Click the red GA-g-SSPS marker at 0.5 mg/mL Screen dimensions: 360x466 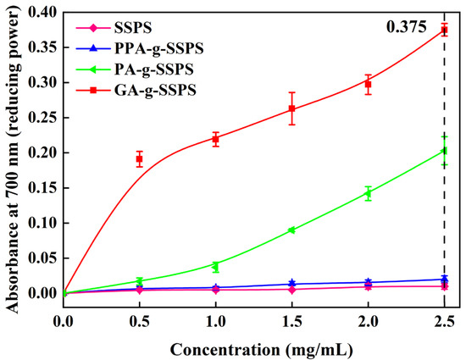[140, 159]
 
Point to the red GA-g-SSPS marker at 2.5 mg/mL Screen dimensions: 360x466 [444, 30]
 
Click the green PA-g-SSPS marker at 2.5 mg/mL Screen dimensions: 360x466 [444, 151]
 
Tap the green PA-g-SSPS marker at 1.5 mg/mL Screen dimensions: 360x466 [292, 230]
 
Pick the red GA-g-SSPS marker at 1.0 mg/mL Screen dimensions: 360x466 [216, 139]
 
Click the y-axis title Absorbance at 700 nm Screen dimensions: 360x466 [12, 152]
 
